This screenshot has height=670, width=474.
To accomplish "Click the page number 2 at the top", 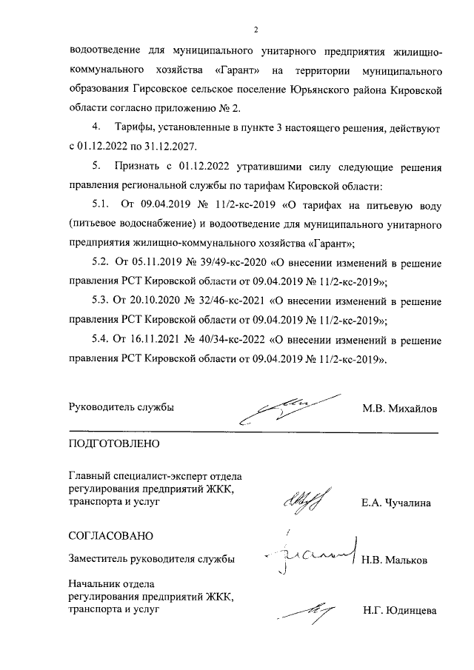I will point(255,30).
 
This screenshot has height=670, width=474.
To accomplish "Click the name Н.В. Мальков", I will point(395,560).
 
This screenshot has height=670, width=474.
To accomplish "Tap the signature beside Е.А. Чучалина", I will point(303,501).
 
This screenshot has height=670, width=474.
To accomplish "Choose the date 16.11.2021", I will point(156,341).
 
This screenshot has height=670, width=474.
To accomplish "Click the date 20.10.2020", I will point(156,301).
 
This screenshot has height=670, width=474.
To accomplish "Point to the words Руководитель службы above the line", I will point(121,408).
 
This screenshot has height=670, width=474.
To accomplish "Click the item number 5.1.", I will point(101,204).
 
